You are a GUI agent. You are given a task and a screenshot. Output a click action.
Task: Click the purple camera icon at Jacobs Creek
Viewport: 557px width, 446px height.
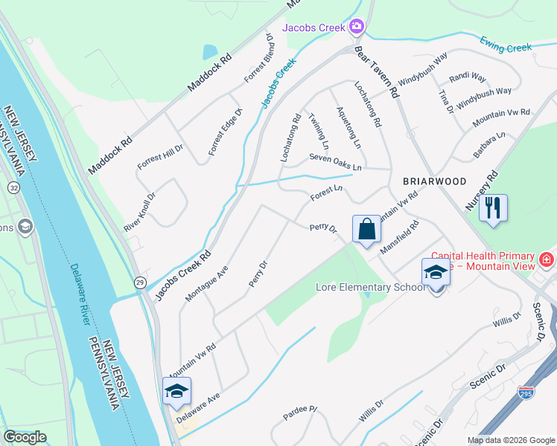click(x=357, y=28)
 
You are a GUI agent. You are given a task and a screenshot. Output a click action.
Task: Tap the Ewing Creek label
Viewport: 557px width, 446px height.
click(x=506, y=44)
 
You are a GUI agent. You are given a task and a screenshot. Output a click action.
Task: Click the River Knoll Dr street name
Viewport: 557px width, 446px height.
click(x=140, y=212)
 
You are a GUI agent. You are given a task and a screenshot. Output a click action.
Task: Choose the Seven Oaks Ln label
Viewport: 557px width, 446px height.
click(x=335, y=161)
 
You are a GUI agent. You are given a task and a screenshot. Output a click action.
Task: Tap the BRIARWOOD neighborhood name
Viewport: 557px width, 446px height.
click(x=434, y=181)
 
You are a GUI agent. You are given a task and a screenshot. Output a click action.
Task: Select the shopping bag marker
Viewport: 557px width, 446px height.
click(x=366, y=230)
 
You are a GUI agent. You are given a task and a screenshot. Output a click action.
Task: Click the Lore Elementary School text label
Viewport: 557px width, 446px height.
click(x=370, y=287)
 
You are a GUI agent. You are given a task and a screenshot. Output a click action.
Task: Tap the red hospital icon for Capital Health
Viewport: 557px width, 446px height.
click(x=547, y=259)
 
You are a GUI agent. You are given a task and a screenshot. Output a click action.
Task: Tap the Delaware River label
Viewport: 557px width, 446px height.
click(x=81, y=294)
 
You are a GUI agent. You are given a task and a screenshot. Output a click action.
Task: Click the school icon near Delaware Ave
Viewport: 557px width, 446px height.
click(x=176, y=391)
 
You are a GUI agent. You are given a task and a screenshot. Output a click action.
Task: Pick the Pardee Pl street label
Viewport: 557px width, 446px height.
click(x=300, y=410)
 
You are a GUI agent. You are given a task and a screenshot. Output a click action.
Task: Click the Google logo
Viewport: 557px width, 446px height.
click(x=25, y=437)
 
